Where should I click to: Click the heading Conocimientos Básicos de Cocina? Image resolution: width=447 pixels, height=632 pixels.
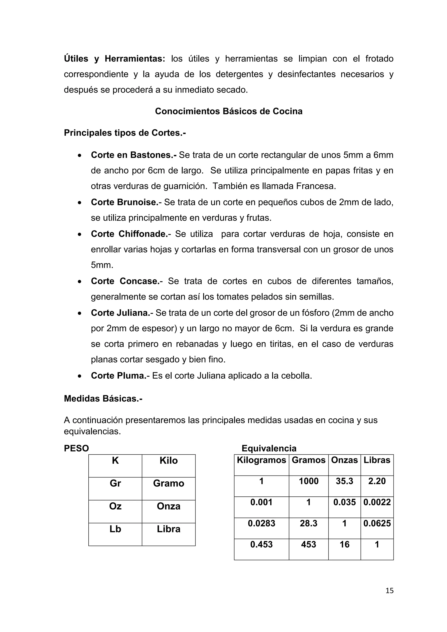(x=229, y=111)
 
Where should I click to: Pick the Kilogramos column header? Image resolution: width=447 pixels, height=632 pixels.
(x=261, y=460)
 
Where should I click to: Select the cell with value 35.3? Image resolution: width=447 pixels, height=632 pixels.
(x=344, y=481)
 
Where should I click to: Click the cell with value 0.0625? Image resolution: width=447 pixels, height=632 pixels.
(x=377, y=523)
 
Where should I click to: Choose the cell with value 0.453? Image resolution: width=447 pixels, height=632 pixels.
(x=261, y=544)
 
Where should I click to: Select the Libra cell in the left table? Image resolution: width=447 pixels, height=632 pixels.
(x=168, y=529)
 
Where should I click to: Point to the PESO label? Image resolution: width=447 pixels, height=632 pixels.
(x=76, y=448)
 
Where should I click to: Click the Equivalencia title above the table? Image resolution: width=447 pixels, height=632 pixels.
(x=269, y=448)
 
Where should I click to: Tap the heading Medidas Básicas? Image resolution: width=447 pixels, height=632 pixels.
(x=103, y=398)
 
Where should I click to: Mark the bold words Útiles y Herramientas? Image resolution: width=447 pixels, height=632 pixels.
(x=114, y=59)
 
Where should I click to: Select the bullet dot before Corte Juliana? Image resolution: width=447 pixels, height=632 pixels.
(x=79, y=313)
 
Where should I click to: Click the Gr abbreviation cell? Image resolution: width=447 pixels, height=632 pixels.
(x=115, y=483)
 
